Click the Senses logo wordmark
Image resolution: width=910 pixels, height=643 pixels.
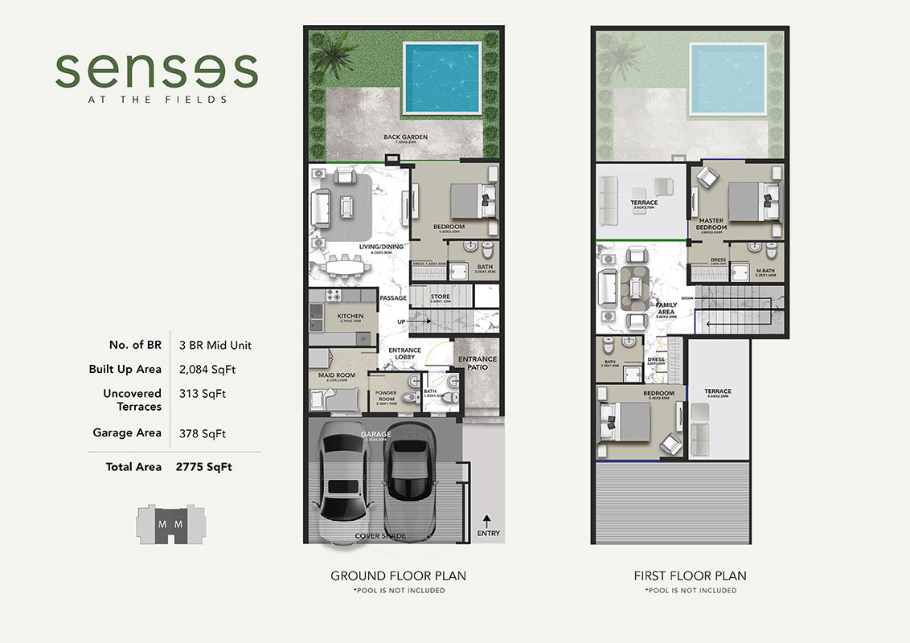156,71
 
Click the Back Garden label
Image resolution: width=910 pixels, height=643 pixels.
405,137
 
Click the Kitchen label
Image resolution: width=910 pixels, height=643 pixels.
350,316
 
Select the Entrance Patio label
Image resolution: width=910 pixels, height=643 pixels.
477,363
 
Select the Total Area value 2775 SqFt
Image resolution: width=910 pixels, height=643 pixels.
204,466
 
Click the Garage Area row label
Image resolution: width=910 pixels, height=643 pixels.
127,432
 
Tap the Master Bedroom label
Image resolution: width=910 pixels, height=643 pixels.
711,223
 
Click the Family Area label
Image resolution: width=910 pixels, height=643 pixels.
666,309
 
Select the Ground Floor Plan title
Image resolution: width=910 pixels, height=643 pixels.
398,575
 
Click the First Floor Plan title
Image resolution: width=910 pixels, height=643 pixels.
690,575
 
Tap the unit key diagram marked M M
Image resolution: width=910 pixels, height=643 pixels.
170,523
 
